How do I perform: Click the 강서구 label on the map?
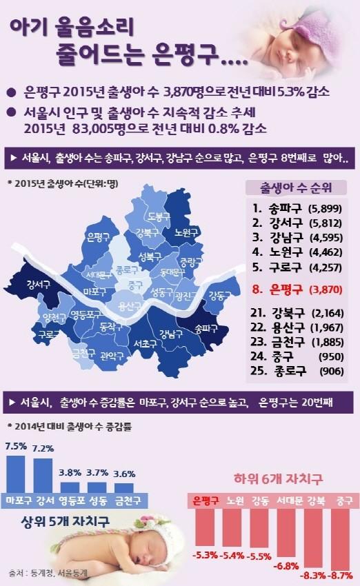pyautogui.click(x=38, y=285)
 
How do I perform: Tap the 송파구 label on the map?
pyautogui.click(x=206, y=328)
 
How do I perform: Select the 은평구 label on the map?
pyautogui.click(x=99, y=236)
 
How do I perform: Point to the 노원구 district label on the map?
pyautogui.click(x=186, y=232)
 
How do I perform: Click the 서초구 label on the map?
pyautogui.click(x=146, y=343)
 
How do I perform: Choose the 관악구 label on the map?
pyautogui.click(x=112, y=356)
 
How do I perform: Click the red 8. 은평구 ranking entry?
pyautogui.click(x=297, y=290)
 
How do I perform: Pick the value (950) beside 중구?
pyautogui.click(x=331, y=356)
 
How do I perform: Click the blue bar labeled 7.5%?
pyautogui.click(x=16, y=474)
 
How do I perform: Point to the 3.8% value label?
pyautogui.click(x=70, y=472)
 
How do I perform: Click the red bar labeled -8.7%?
pyautogui.click(x=340, y=538)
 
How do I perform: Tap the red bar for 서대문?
pyautogui.click(x=287, y=533)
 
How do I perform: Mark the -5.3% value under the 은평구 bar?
pyautogui.click(x=205, y=555)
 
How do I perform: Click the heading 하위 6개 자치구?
pyautogui.click(x=278, y=478)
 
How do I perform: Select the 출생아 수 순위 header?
pyautogui.click(x=296, y=188)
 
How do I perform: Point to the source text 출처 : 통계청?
pyautogui.click(x=32, y=573)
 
